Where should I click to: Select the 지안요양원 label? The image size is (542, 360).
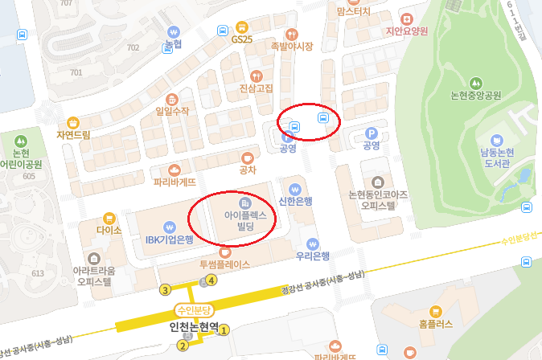[407, 31]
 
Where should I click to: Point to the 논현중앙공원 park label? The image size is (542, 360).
[475, 95]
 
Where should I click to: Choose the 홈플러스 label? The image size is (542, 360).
[437, 325]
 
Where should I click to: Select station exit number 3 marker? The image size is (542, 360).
[165, 289]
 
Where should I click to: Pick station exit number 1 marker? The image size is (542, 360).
[224, 328]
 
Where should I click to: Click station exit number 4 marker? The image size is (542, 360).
[211, 280]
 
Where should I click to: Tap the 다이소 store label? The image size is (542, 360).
[109, 229]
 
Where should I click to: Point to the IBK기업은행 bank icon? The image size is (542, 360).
[169, 226]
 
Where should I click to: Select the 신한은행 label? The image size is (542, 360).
[294, 200]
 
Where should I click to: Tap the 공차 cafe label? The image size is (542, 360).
[248, 170]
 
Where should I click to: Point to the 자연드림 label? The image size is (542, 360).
[73, 134]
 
